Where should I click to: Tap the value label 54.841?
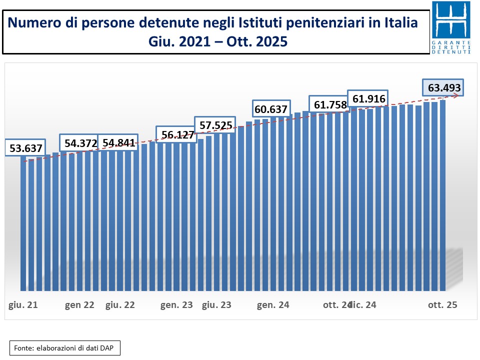[x=118, y=143]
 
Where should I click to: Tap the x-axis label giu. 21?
[x=23, y=304]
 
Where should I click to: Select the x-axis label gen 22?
[x=79, y=304]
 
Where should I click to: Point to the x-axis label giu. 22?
[x=120, y=304]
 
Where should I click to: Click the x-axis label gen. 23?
[x=176, y=304]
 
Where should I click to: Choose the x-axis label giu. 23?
[x=216, y=304]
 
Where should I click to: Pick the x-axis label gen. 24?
[x=273, y=304]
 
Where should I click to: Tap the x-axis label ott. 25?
[x=442, y=304]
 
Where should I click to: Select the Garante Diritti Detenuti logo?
[x=450, y=27]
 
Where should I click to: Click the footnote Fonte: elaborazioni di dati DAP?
[x=65, y=348]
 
